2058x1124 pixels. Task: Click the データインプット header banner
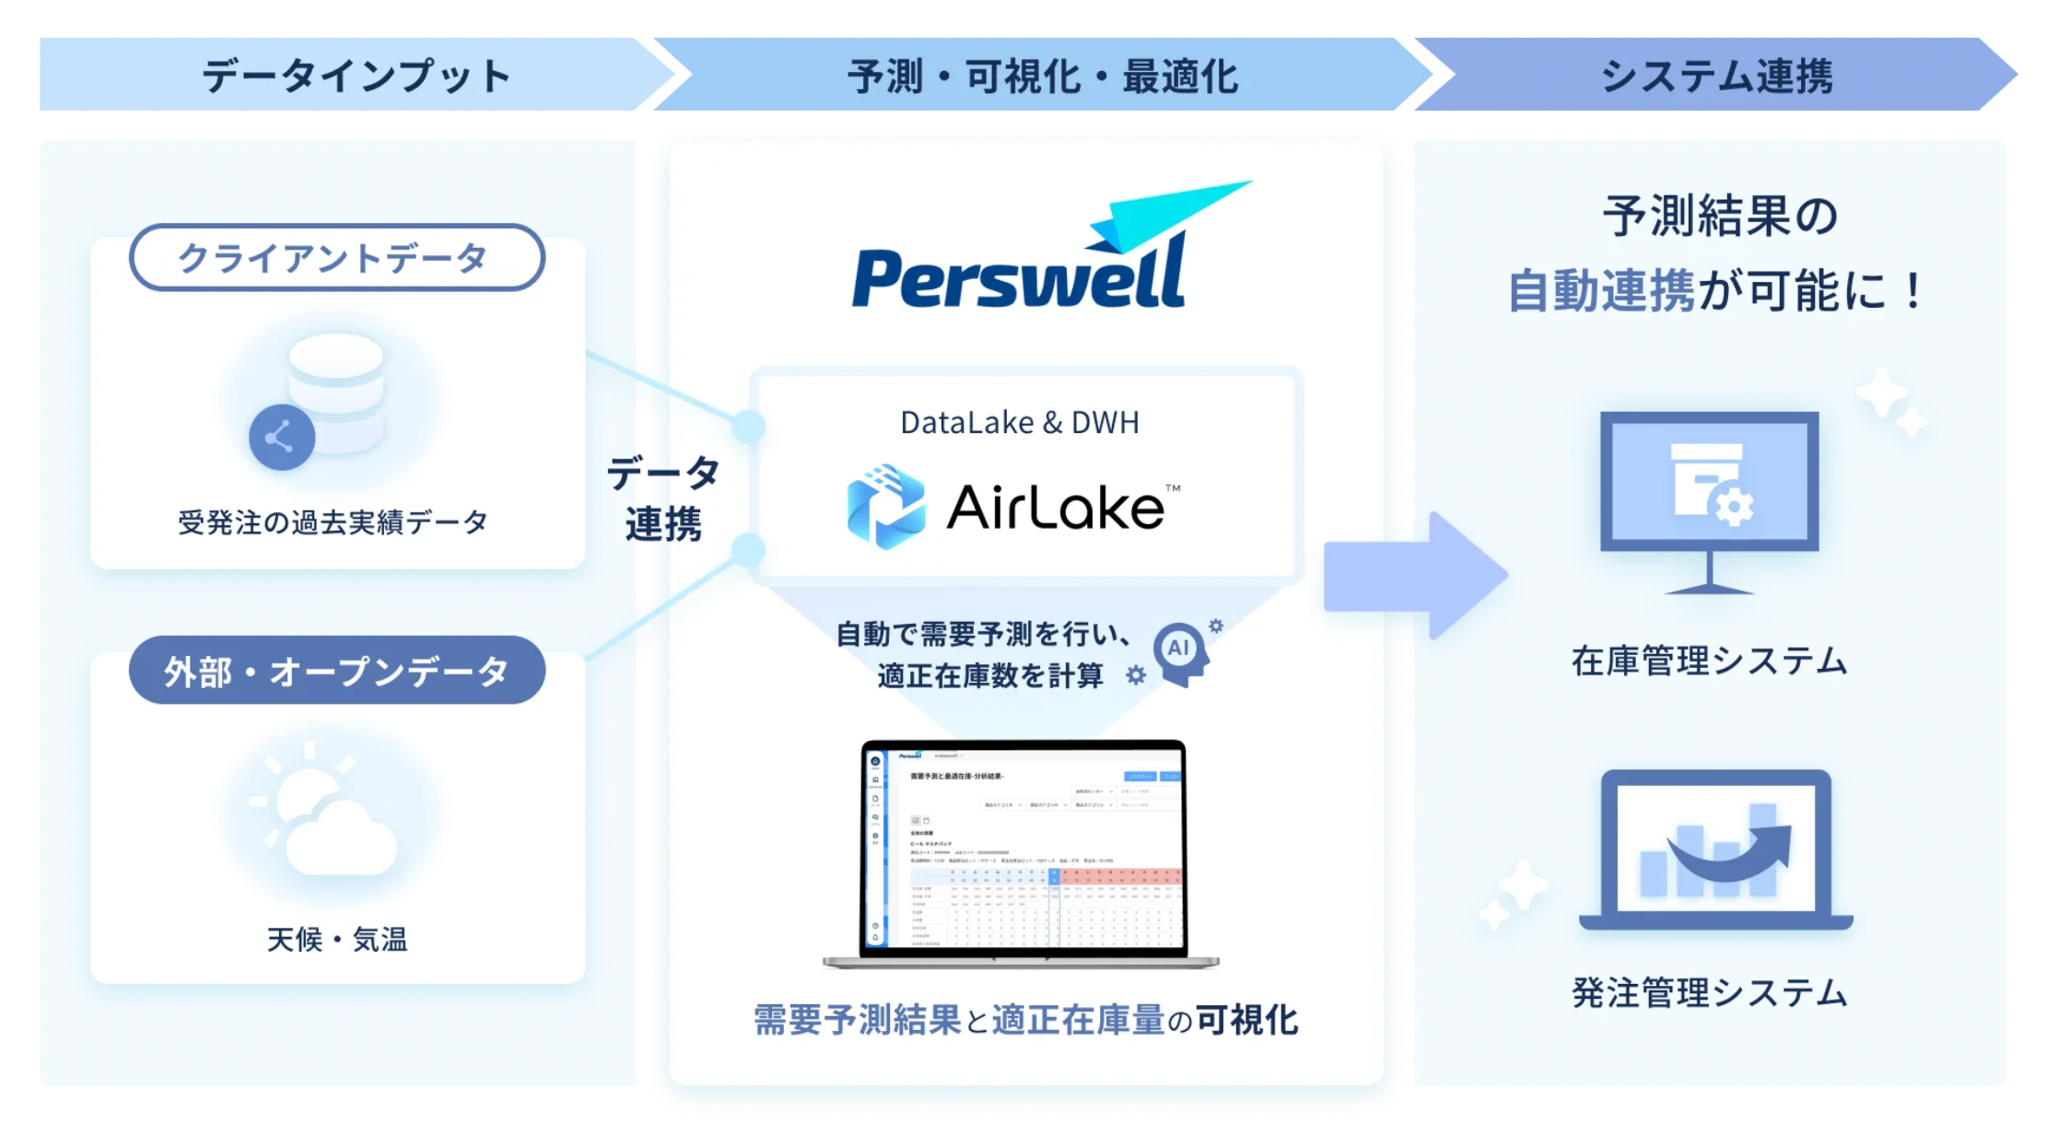[x=355, y=76]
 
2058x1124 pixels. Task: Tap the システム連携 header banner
[x=1715, y=76]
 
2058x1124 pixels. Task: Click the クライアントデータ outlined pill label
[x=336, y=258]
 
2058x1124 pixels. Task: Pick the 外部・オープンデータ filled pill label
[x=336, y=671]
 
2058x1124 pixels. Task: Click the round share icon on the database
[x=281, y=438]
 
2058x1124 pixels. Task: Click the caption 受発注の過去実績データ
[x=333, y=522]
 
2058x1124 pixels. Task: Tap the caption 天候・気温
[x=336, y=940]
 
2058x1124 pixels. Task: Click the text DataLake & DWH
[x=1020, y=423]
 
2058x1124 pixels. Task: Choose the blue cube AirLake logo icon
[x=885, y=507]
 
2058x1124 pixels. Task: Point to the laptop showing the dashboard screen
[x=1022, y=852]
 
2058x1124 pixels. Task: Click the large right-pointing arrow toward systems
[x=1414, y=575]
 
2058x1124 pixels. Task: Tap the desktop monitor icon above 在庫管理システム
[x=1709, y=498]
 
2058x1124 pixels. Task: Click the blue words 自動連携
[x=1601, y=292]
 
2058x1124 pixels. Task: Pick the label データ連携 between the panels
[x=663, y=498]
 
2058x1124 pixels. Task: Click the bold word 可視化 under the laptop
[x=1247, y=1020]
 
